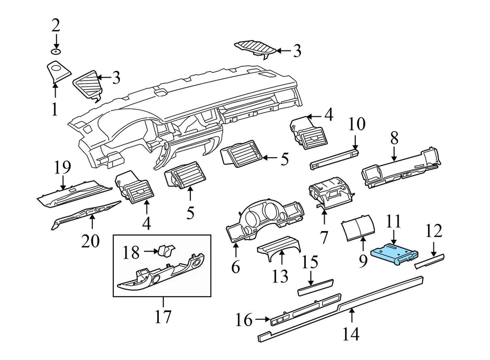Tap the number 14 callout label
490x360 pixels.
pos(351,334)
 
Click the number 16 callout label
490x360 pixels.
pos(244,320)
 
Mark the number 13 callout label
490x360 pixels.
pos(280,276)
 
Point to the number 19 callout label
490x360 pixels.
pos(62,167)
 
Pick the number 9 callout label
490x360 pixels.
pos(362,262)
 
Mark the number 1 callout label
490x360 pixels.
pos(55,109)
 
